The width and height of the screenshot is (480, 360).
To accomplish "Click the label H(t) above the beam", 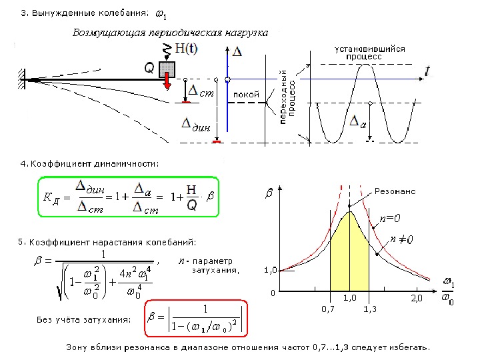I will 185,48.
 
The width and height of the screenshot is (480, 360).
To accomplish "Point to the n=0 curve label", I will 390,218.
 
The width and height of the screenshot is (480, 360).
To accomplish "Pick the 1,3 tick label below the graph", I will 371,310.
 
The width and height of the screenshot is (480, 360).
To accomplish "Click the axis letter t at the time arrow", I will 427,69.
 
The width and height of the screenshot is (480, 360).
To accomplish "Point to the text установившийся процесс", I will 364,53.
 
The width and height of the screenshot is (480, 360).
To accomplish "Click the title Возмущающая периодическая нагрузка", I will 169,32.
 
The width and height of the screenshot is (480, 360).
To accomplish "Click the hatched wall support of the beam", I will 21,78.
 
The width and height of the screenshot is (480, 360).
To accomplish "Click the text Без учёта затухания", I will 84,320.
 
